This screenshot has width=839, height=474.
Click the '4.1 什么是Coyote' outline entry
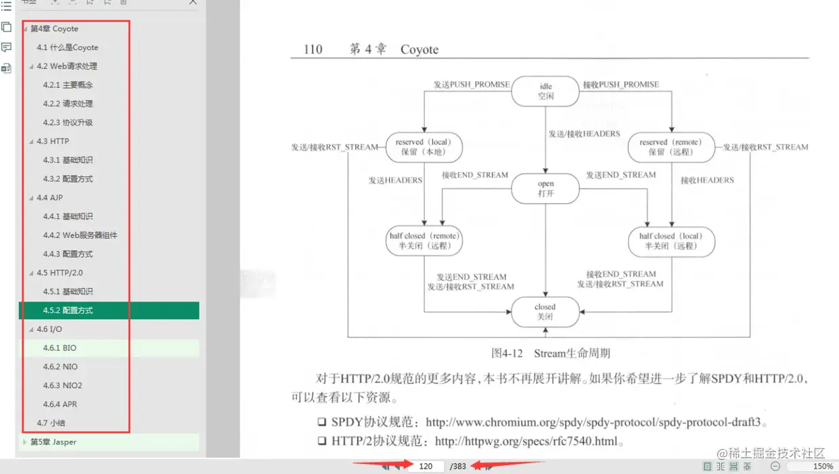pos(67,47)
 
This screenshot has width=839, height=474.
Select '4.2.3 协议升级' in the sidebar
pos(68,122)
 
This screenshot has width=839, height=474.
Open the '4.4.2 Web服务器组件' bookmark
pos(80,235)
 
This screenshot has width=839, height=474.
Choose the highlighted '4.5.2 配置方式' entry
pos(68,310)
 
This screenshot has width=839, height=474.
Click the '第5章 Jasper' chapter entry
pos(53,442)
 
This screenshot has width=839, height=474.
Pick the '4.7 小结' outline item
pos(51,423)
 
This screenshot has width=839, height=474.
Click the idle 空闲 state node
pos(545,91)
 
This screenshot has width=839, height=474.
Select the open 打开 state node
pos(545,188)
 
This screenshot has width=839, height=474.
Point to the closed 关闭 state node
pos(545,312)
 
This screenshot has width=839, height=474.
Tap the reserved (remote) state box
pos(671,147)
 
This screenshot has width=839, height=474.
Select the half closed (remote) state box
pos(424,241)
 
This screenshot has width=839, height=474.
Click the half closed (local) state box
pos(671,241)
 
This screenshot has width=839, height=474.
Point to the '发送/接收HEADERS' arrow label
pos(584,134)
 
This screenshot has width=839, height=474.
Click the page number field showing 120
pos(426,466)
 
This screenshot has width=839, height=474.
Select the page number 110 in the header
pos(313,49)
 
